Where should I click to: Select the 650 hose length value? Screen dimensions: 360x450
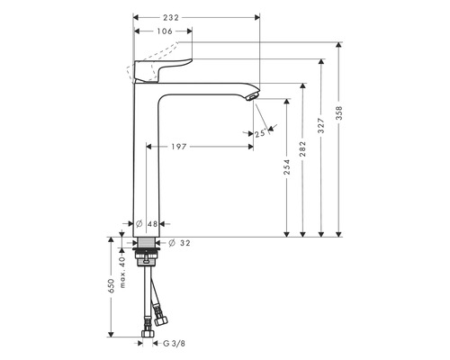point(111,285)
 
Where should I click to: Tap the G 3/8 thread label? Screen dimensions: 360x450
point(176,343)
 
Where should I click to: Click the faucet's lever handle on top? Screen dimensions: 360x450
point(162,70)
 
